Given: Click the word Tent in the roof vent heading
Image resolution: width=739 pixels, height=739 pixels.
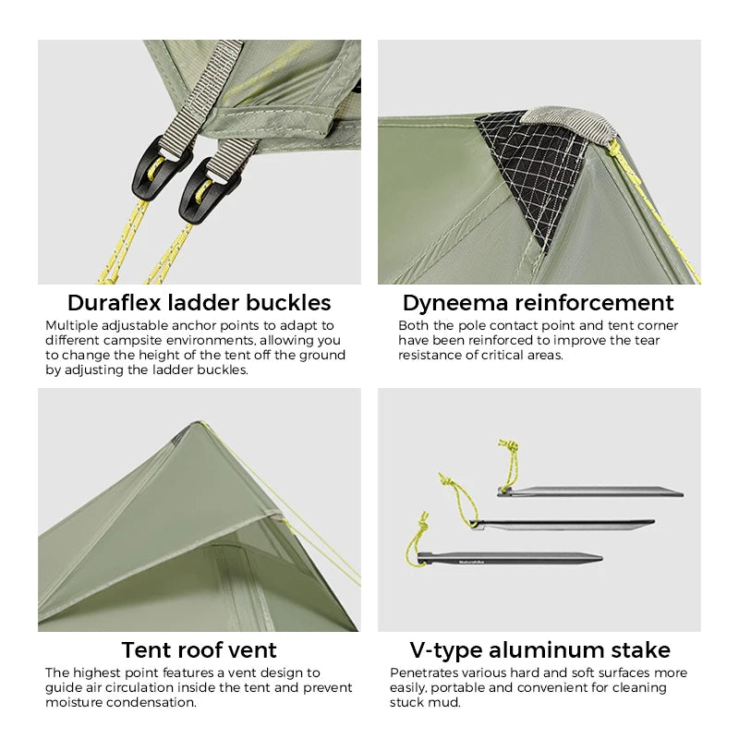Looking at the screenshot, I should pos(148,650).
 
